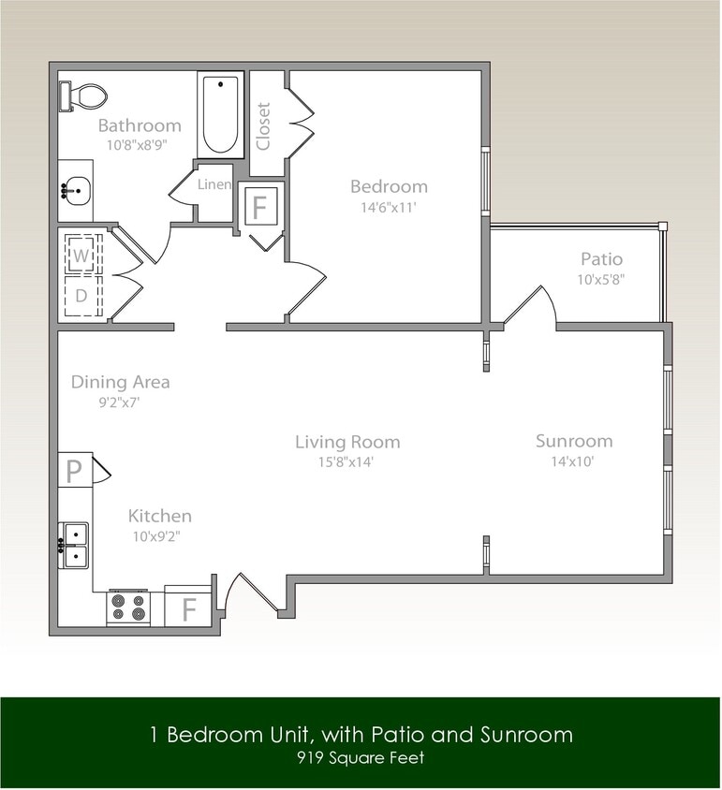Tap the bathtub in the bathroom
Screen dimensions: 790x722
221,114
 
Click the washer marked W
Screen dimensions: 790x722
81,255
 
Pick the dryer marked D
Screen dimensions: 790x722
81,296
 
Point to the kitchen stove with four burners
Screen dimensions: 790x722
128,608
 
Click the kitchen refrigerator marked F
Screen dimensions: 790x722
188,608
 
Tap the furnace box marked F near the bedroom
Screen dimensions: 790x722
259,205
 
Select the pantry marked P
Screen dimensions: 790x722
73,471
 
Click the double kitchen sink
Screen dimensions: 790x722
74,545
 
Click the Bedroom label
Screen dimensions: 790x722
389,186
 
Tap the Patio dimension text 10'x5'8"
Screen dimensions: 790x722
601,279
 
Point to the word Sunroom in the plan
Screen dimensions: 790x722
574,441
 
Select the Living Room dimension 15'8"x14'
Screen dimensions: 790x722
347,461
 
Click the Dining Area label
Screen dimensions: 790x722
121,382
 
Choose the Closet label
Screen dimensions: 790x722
263,125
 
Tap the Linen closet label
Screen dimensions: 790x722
214,184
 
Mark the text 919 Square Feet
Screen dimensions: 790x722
361,757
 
